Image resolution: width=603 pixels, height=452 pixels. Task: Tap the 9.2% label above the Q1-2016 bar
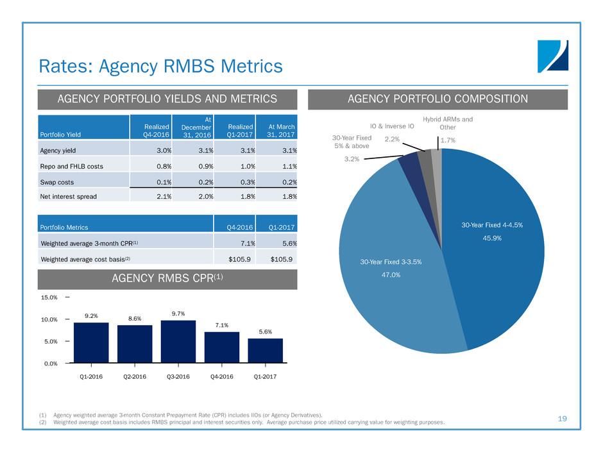[x=91, y=315]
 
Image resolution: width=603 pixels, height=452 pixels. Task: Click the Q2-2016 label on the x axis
[x=135, y=376]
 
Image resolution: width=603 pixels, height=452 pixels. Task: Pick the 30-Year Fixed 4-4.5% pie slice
[x=494, y=250]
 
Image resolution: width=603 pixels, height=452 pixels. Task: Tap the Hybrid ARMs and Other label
[x=448, y=123]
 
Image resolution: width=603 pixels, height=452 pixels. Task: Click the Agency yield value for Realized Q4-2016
[x=162, y=151]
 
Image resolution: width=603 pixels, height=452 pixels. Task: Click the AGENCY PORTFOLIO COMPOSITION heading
[x=438, y=99]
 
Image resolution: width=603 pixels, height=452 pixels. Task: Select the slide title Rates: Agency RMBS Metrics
[x=160, y=65]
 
